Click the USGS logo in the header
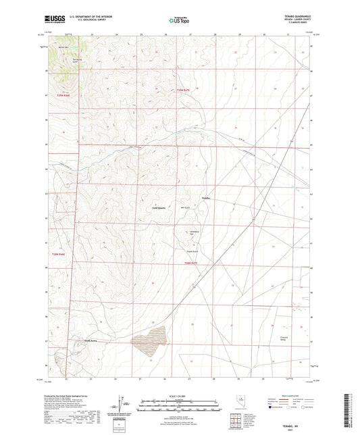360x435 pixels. tap(52, 20)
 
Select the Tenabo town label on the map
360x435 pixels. tap(207, 197)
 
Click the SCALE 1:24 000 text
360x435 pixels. tap(179, 395)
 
